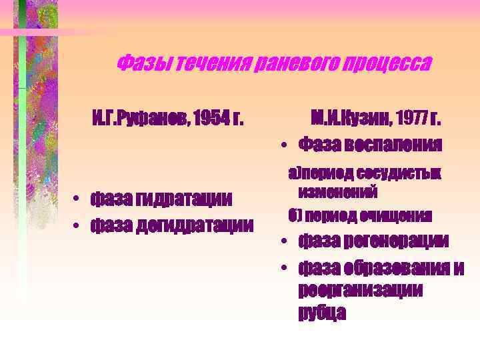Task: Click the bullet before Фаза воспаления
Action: [283, 145]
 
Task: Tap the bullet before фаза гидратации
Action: [78, 199]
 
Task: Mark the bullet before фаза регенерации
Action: [283, 241]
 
